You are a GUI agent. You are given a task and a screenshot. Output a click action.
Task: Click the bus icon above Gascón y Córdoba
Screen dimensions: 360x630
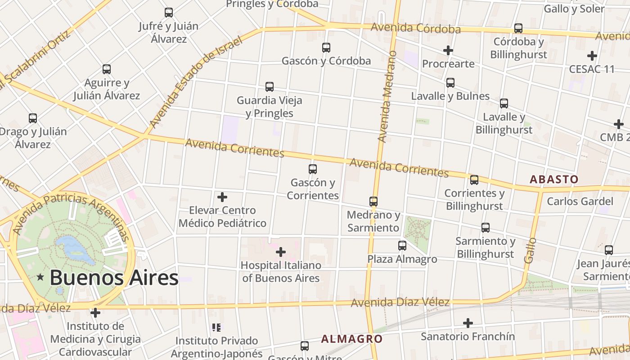tap(326, 47)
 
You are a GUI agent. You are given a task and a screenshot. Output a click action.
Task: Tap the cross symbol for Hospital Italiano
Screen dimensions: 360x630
tap(281, 252)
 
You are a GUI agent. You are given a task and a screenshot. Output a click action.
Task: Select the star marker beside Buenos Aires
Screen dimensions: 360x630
tap(40, 277)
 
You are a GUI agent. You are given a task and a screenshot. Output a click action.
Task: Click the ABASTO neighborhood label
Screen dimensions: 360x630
tap(554, 179)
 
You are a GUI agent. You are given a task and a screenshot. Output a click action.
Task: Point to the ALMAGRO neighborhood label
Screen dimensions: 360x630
tap(351, 339)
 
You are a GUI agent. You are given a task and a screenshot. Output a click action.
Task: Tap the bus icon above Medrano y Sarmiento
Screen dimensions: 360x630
tap(373, 201)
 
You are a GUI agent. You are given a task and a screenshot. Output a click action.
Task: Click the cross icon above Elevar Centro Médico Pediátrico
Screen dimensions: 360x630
tap(222, 197)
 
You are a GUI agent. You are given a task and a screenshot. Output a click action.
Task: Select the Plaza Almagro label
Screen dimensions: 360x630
tap(402, 259)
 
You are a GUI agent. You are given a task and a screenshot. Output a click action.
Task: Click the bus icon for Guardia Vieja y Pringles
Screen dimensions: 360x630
tap(270, 86)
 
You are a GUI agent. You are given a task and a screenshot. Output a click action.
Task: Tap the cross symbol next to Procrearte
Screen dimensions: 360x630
tap(448, 50)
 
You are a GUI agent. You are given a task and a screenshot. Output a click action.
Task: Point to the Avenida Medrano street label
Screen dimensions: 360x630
tap(388, 97)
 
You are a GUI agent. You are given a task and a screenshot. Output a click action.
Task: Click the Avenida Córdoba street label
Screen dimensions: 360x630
tap(415, 28)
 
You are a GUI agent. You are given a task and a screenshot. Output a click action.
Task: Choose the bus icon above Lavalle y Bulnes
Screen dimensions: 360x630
tap(450, 83)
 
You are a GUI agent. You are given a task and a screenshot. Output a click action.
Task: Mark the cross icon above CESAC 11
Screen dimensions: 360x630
tap(592, 56)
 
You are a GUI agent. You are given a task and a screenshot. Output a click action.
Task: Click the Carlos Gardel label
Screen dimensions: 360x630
tap(580, 201)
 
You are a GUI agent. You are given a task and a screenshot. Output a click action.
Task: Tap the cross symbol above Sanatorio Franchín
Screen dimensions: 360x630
tap(468, 323)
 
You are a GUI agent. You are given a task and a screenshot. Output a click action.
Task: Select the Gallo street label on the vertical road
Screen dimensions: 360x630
tap(531, 250)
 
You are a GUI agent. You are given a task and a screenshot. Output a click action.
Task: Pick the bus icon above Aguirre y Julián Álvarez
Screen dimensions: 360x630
tap(107, 69)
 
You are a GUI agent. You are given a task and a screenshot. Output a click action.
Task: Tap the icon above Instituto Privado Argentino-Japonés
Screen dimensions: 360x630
tap(216, 328)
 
